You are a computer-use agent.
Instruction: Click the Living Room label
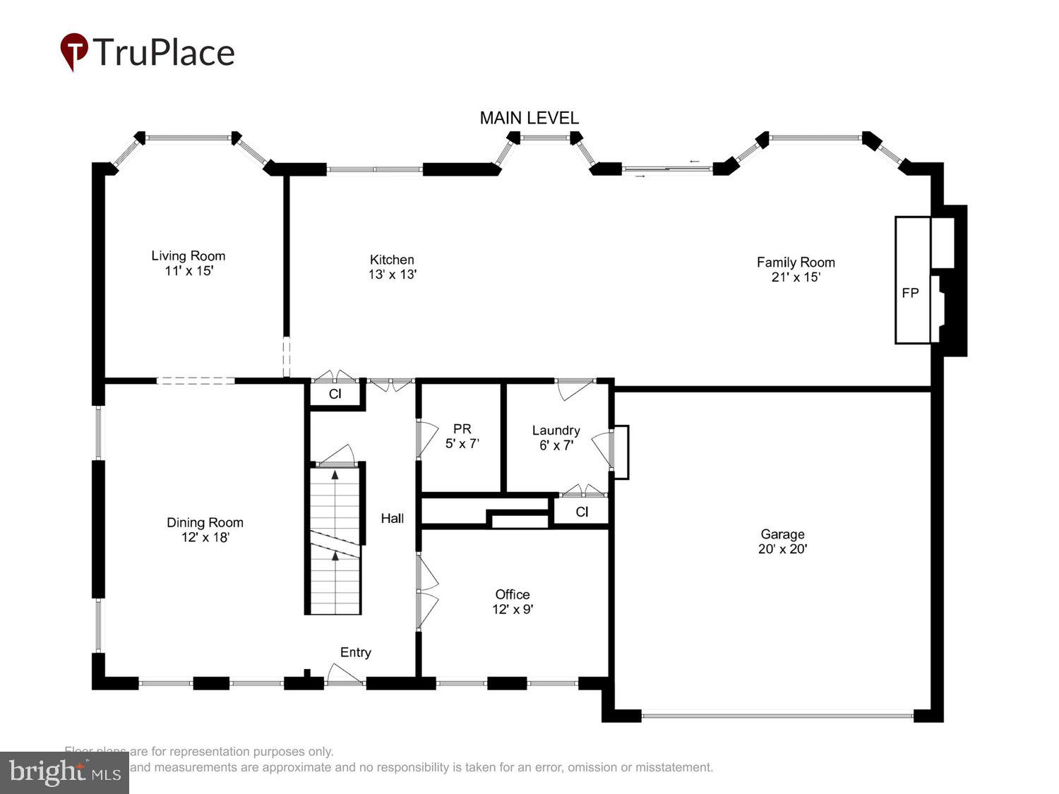[188, 256]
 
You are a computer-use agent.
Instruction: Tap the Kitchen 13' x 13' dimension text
[392, 275]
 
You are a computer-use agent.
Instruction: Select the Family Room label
[796, 262]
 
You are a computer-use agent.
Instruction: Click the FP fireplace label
[910, 293]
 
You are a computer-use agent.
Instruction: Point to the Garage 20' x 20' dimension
[782, 549]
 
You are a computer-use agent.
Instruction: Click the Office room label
[512, 594]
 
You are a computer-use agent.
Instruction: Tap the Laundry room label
[556, 430]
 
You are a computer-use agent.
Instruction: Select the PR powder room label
[462, 429]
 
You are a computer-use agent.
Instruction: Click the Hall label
[392, 518]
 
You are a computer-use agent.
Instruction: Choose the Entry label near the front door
[355, 652]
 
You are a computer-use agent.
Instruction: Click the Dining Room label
[205, 522]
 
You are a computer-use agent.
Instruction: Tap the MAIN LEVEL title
[529, 118]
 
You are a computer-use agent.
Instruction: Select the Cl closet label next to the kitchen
[335, 394]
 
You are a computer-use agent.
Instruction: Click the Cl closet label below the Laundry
[581, 512]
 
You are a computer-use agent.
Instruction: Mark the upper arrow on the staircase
[335, 476]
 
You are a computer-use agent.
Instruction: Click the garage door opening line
[777, 716]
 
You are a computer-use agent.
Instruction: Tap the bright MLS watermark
[64, 772]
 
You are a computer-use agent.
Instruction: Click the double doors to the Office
[426, 591]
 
